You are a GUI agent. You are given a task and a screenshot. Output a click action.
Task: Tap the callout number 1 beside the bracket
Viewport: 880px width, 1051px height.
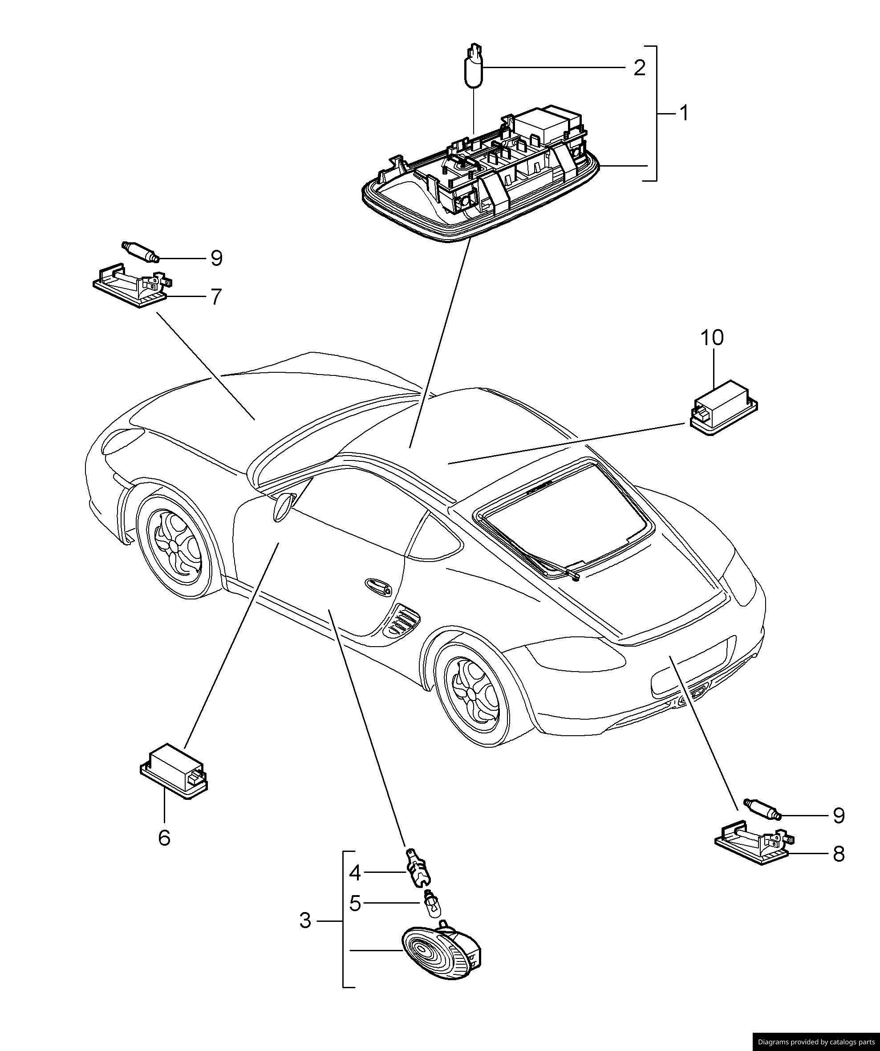(683, 114)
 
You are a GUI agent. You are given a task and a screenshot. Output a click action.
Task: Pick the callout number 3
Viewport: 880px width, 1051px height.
(305, 920)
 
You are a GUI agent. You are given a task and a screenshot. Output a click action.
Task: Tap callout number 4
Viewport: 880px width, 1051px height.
(354, 873)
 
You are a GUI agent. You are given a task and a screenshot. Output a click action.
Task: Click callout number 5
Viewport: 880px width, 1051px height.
(354, 904)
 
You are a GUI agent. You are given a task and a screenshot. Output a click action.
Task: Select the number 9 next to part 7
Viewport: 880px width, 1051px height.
(216, 258)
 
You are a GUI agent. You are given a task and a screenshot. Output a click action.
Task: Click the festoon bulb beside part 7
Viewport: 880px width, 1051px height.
(141, 251)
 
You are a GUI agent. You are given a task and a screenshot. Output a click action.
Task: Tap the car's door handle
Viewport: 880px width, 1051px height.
(379, 586)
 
